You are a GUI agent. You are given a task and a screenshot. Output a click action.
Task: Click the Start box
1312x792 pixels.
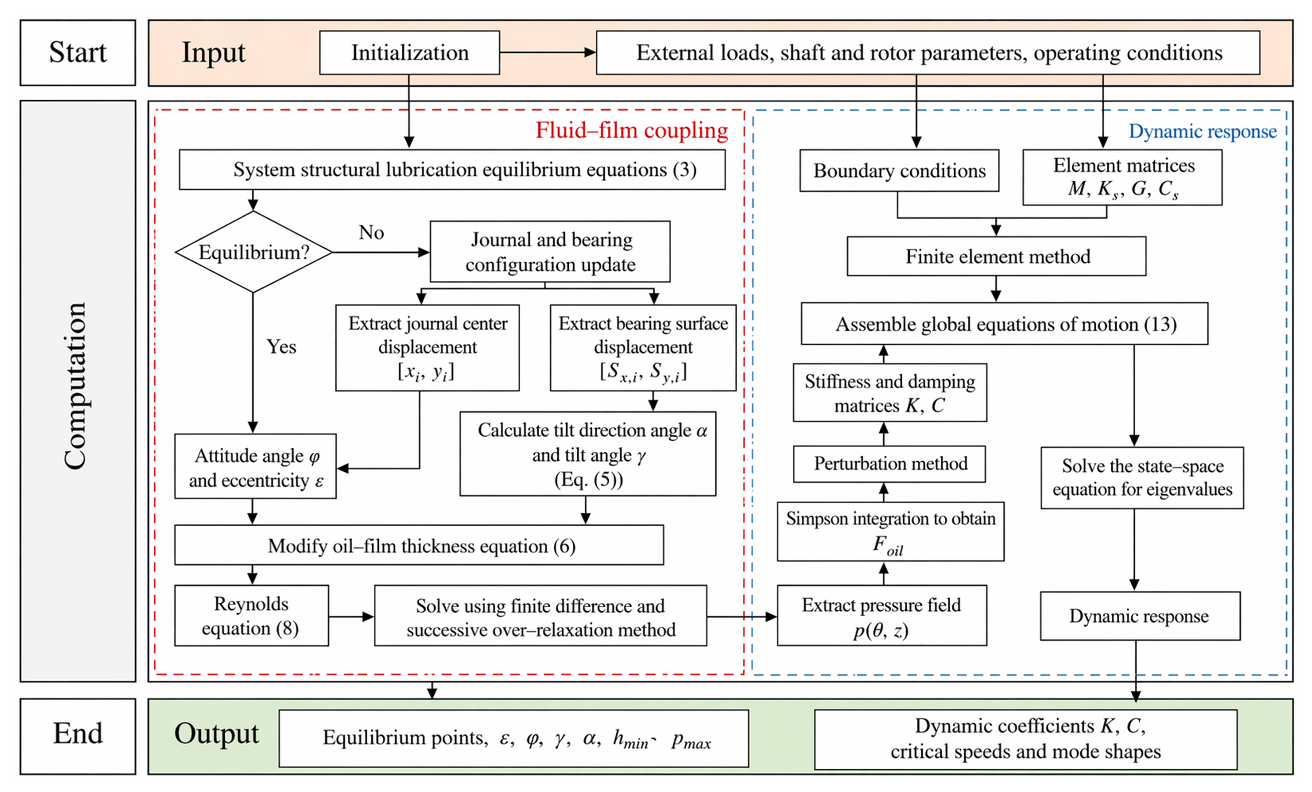coord(78,53)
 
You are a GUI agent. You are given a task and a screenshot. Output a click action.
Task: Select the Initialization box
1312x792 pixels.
coord(409,53)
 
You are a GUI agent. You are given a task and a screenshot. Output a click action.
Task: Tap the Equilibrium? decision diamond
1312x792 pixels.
coord(253,252)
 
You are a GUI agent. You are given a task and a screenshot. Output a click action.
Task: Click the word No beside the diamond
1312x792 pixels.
coord(371,233)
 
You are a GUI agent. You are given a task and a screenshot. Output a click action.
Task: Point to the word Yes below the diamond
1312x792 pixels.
coord(281,347)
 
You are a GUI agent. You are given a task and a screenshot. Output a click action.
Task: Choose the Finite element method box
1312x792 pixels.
coord(996,256)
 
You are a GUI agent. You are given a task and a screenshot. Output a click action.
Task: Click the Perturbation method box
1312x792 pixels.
coord(889,464)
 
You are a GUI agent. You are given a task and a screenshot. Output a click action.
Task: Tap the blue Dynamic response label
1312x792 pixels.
coord(1202,131)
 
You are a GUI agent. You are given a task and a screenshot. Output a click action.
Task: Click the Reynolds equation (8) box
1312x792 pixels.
coord(251,616)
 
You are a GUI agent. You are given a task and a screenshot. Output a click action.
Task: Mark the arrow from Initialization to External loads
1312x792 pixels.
coord(548,52)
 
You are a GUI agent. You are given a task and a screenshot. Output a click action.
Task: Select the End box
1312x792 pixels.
coord(78,736)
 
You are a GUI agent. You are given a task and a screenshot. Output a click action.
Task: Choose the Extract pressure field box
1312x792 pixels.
coord(882,616)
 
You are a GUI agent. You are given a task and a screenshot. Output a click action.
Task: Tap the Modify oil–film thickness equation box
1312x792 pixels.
coord(419,545)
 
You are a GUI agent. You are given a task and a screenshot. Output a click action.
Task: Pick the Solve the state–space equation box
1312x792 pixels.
coord(1142,478)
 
